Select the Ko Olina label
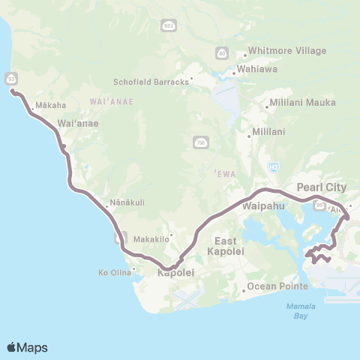[113, 272]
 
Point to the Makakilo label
[148, 239]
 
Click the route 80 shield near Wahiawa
[222, 52]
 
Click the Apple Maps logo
[27, 347]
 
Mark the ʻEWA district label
[225, 173]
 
